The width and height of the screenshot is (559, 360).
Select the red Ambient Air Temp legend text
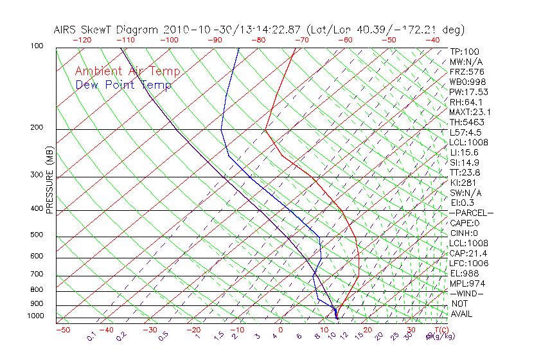[127, 71]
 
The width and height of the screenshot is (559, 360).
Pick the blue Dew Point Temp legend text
[123, 85]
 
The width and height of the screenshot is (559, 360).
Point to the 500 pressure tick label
[37, 235]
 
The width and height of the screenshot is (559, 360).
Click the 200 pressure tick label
[37, 128]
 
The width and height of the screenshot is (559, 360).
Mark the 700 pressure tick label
[37, 274]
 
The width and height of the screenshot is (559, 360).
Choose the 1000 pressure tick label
[35, 316]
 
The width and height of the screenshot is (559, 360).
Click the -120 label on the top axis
[82, 39]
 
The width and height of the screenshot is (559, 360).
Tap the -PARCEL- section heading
[471, 213]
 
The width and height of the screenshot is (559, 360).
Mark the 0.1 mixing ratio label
[92, 336]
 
